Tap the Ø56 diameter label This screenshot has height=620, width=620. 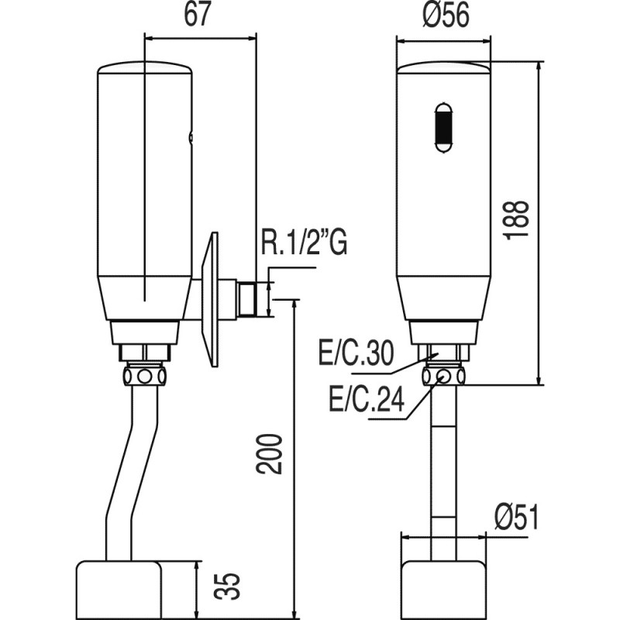point(446,15)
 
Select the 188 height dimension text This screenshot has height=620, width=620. point(516,219)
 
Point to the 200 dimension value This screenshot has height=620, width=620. point(269,454)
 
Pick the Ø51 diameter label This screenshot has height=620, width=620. point(516,517)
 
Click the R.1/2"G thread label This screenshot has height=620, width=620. point(304,241)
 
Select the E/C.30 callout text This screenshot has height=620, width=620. point(356,353)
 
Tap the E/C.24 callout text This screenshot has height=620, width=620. point(367,399)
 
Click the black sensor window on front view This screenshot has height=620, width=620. point(443,128)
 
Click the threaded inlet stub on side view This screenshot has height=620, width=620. point(247,298)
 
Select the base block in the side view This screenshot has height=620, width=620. point(119,589)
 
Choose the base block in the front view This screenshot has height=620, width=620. point(443,590)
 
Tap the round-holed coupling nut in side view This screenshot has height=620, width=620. point(144,376)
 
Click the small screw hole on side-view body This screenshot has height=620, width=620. point(191,137)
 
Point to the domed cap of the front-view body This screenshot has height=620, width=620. point(443,67)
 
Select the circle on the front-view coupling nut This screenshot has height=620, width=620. point(443,375)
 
